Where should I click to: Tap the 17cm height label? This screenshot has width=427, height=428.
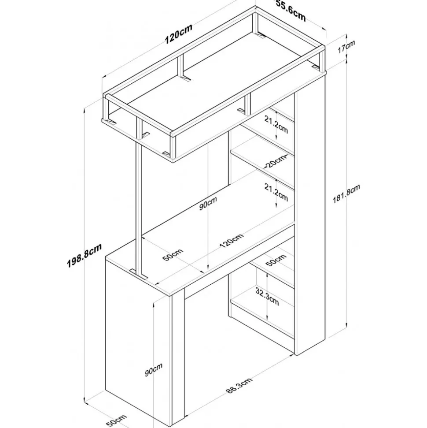click(x=346, y=46)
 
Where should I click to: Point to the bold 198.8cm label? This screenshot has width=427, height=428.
click(x=84, y=255)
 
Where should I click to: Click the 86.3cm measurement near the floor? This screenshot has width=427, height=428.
click(x=239, y=385)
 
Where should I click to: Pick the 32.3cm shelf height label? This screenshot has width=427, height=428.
click(x=267, y=296)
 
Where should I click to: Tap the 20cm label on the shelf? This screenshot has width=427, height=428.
click(x=276, y=161)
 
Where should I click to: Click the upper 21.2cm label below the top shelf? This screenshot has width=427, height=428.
click(x=276, y=124)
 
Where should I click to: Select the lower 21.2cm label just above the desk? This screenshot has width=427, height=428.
click(x=276, y=192)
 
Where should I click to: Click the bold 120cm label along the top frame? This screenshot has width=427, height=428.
click(x=179, y=34)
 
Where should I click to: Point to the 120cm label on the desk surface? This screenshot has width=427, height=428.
click(x=231, y=241)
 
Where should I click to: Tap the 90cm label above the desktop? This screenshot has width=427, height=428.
click(x=208, y=203)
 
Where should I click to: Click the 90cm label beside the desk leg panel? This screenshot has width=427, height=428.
click(x=154, y=369)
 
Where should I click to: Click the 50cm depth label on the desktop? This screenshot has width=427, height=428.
click(x=173, y=254)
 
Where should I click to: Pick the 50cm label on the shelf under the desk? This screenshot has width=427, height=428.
click(x=276, y=260)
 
